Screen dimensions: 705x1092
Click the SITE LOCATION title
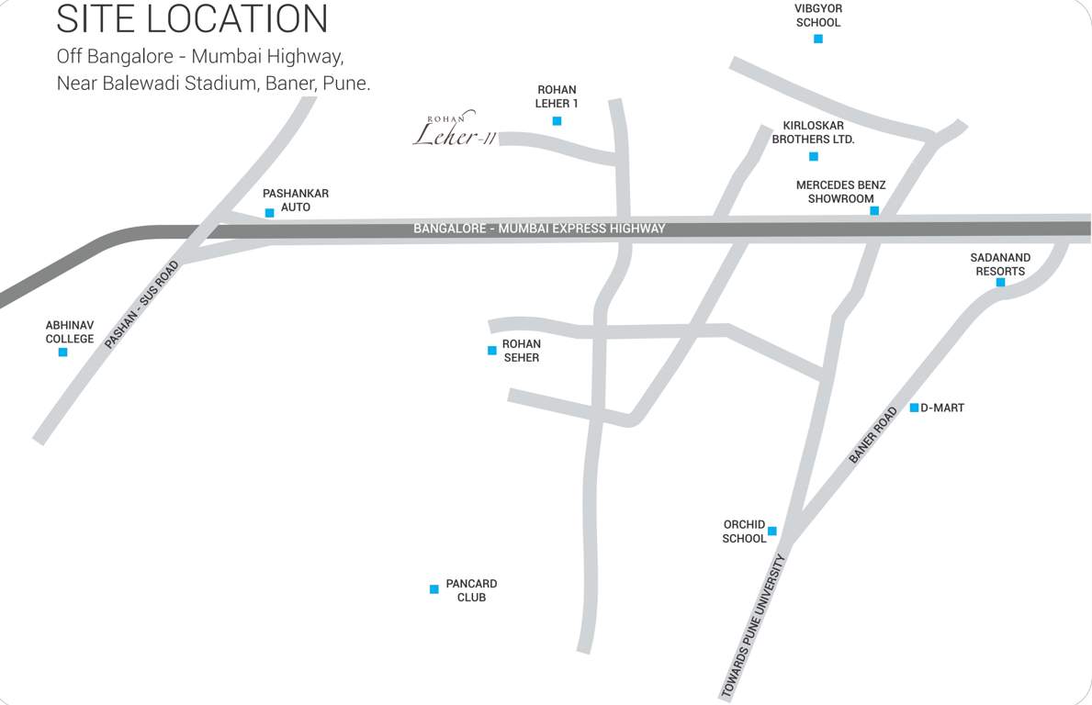pos(192,18)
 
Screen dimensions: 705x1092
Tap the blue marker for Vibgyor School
pos(818,39)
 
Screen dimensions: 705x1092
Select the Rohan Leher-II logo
pos(455,131)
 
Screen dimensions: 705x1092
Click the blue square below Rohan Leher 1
pos(557,121)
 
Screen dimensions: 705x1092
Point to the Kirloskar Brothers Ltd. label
pos(813,132)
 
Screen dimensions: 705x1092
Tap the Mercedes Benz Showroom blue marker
pos(874,211)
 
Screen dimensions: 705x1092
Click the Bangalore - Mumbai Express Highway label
pos(539,228)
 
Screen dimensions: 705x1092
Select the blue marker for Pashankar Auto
pos(269,213)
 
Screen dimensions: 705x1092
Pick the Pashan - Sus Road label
pos(142,305)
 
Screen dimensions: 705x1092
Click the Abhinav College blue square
pos(62,352)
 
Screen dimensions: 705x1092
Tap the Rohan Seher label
pos(521,351)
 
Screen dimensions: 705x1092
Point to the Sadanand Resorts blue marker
pos(1000,283)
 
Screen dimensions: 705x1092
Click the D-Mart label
pos(942,408)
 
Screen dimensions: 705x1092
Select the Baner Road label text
pos(872,435)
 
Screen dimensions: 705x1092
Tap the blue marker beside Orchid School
pos(772,532)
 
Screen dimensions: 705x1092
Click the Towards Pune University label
pos(754,628)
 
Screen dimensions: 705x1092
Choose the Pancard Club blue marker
pos(434,589)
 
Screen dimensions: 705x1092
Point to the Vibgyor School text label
pos(818,16)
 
